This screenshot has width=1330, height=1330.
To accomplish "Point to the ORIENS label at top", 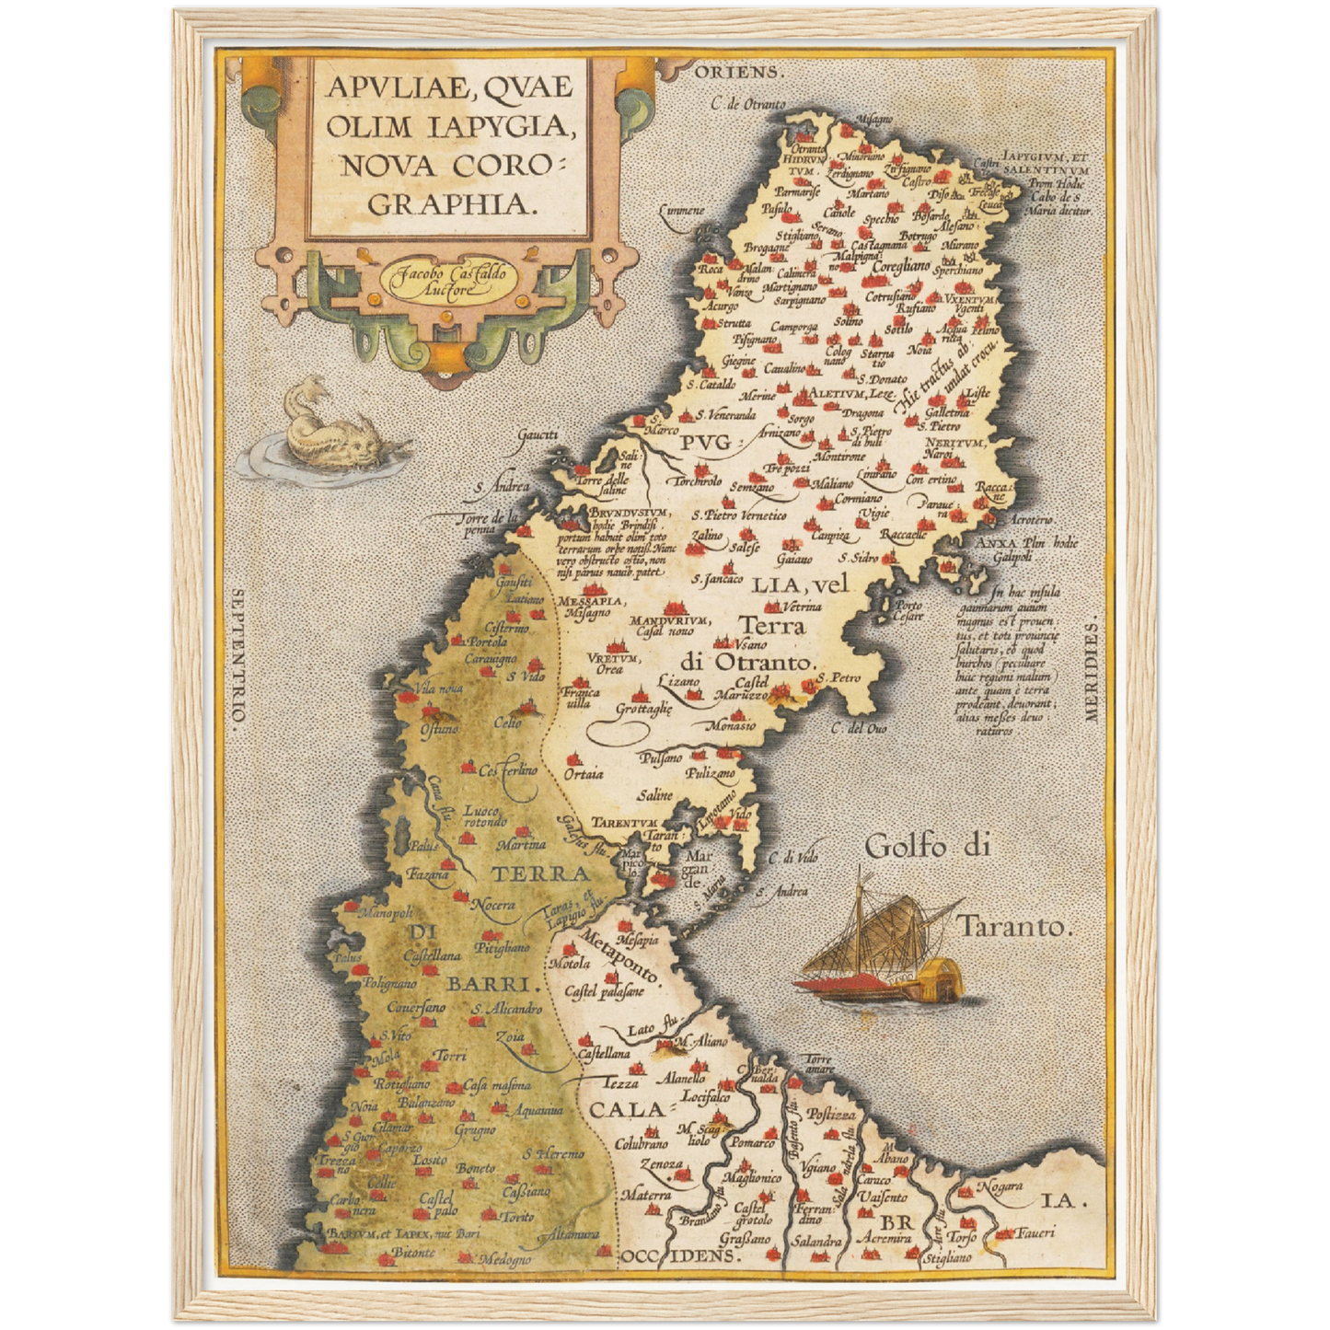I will click(740, 72).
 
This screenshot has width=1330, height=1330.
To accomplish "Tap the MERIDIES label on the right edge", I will click(1093, 672).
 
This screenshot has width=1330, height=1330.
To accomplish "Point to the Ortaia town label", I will click(584, 775).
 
